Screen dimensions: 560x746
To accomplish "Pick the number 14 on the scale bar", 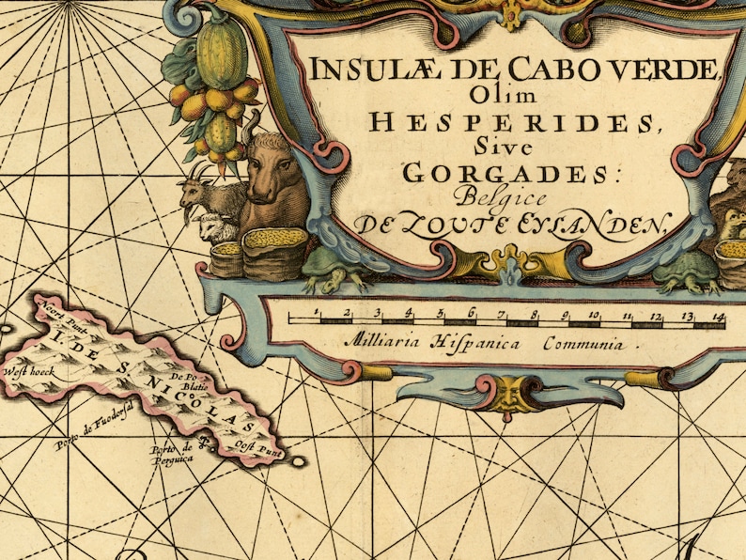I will pyautogui.click(x=718, y=316).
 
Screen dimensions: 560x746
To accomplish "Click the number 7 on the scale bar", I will pyautogui.click(x=503, y=315).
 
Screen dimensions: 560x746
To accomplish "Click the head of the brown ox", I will pyautogui.click(x=272, y=174).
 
